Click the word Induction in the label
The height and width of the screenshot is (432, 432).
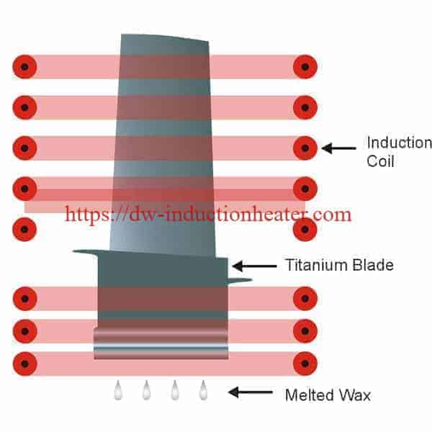point(399,143)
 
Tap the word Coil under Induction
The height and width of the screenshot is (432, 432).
point(380,161)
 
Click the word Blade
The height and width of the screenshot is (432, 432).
point(373,265)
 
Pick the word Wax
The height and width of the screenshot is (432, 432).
point(354,395)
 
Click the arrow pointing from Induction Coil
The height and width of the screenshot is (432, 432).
point(338,148)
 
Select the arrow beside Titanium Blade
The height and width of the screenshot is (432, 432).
point(254,266)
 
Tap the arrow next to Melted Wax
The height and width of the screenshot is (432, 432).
point(250,392)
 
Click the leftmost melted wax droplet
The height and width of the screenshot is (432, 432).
point(118,390)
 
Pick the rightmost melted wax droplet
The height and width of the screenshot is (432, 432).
point(203,390)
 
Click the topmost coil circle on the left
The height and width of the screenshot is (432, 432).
point(24,67)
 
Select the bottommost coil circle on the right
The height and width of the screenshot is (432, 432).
point(305,364)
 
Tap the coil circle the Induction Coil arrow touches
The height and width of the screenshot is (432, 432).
point(305,148)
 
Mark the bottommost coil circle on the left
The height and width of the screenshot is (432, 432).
point(24,364)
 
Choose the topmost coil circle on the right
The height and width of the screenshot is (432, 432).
point(305,67)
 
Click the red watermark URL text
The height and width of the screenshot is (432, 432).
point(208,215)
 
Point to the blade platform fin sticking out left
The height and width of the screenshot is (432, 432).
point(86,251)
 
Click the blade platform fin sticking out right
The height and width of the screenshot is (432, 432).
point(240,281)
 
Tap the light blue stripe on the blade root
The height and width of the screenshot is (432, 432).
point(161,346)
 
